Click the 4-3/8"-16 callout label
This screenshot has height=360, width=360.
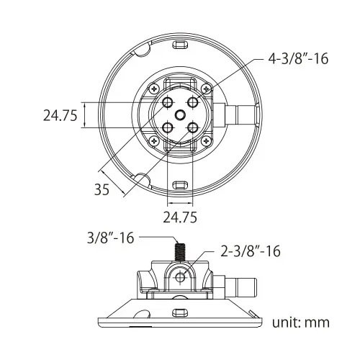click(x=298, y=58)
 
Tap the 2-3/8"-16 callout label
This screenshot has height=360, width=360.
click(x=251, y=251)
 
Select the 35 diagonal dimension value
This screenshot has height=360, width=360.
click(x=102, y=189)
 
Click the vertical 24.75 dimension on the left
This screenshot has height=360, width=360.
click(x=60, y=115)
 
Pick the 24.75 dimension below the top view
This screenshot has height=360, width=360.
click(x=180, y=217)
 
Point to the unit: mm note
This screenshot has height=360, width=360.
click(x=301, y=323)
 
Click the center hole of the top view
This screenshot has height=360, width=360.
click(x=180, y=115)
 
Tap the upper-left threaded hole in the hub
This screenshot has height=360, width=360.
click(x=168, y=103)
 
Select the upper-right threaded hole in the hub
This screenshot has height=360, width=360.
click(x=193, y=103)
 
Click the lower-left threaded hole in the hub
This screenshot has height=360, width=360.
click(x=168, y=128)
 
